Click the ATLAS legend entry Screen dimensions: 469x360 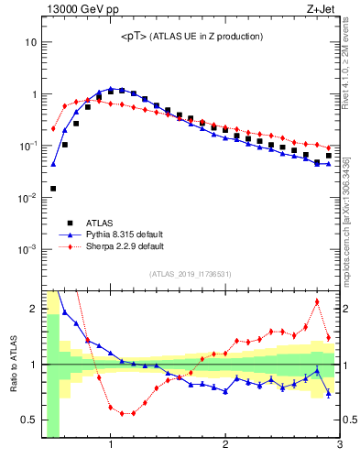101,222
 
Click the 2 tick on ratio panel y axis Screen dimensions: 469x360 33,309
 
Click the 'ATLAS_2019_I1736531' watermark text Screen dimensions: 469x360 191,274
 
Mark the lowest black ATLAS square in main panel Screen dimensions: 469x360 53,189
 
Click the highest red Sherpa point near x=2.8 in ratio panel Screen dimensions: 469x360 317,301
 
